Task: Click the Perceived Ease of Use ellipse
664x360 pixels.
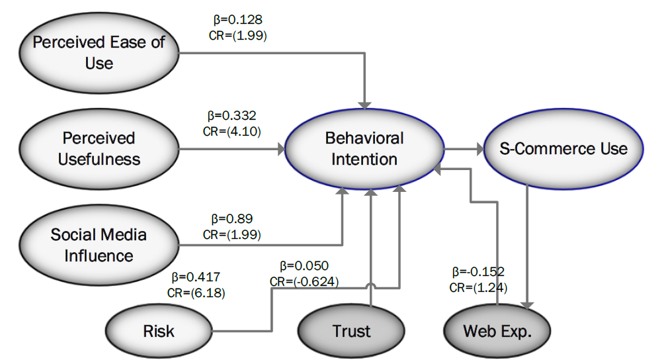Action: click(x=99, y=53)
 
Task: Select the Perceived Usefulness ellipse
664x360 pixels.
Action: click(x=99, y=149)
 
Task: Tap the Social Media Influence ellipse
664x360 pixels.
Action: click(x=99, y=246)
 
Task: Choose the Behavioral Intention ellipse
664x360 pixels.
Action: click(x=364, y=149)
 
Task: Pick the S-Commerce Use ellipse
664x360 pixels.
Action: click(x=563, y=149)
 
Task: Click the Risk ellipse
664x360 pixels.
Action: click(x=159, y=331)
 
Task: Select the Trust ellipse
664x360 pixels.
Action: click(x=351, y=331)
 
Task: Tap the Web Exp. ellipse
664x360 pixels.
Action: click(x=497, y=331)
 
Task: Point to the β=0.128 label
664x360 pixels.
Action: click(x=238, y=19)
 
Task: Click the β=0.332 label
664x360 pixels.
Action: click(x=232, y=116)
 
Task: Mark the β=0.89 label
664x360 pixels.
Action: click(x=232, y=218)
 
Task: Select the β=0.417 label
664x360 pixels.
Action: click(x=196, y=277)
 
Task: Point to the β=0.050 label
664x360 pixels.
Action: click(x=304, y=265)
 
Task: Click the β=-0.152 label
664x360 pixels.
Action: click(x=479, y=271)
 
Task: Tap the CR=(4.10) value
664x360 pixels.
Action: click(x=232, y=132)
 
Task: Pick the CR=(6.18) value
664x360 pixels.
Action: click(x=196, y=293)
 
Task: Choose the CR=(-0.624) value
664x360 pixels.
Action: click(x=304, y=282)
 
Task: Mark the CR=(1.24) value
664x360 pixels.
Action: click(x=479, y=288)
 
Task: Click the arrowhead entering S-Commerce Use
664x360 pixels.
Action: click(x=479, y=149)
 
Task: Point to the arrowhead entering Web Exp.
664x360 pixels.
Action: click(x=527, y=306)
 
